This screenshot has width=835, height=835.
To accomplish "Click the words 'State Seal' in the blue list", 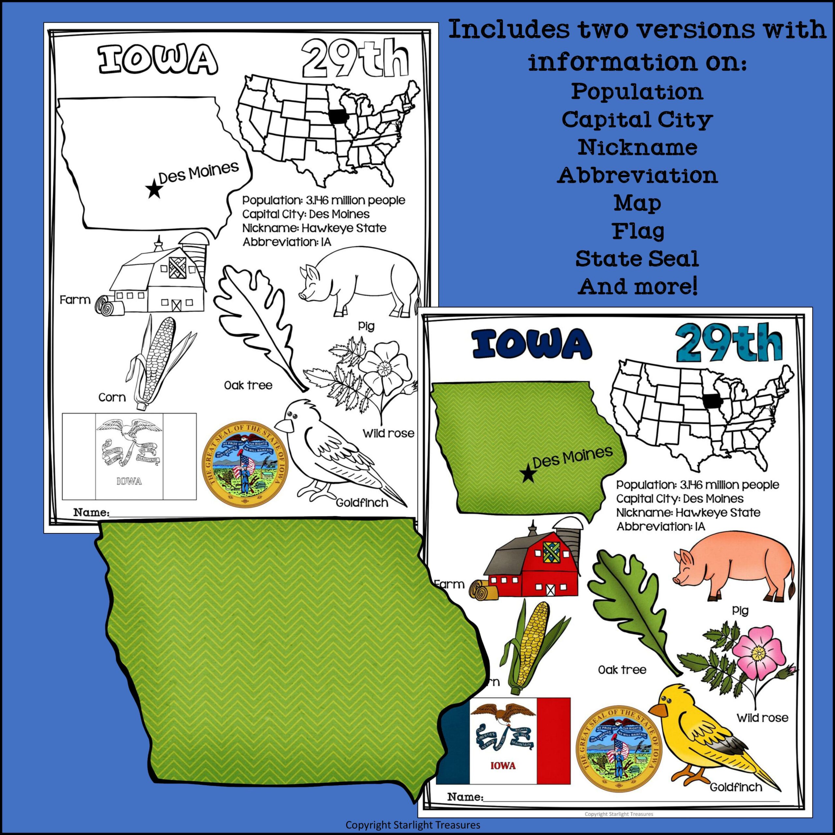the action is [x=637, y=259].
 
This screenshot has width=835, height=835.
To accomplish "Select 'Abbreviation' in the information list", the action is [x=637, y=175].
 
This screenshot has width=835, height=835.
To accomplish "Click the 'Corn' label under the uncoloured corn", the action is [x=112, y=397].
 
